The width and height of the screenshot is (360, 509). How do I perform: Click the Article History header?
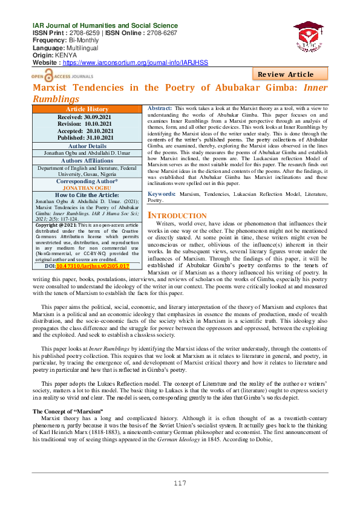(x=88, y=109)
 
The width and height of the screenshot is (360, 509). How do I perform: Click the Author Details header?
(x=88, y=146)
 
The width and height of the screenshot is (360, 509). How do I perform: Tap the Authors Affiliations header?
(x=88, y=160)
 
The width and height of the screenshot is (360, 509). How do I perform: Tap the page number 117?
(x=180, y=483)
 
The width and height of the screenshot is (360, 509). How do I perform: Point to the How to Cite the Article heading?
(x=88, y=195)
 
